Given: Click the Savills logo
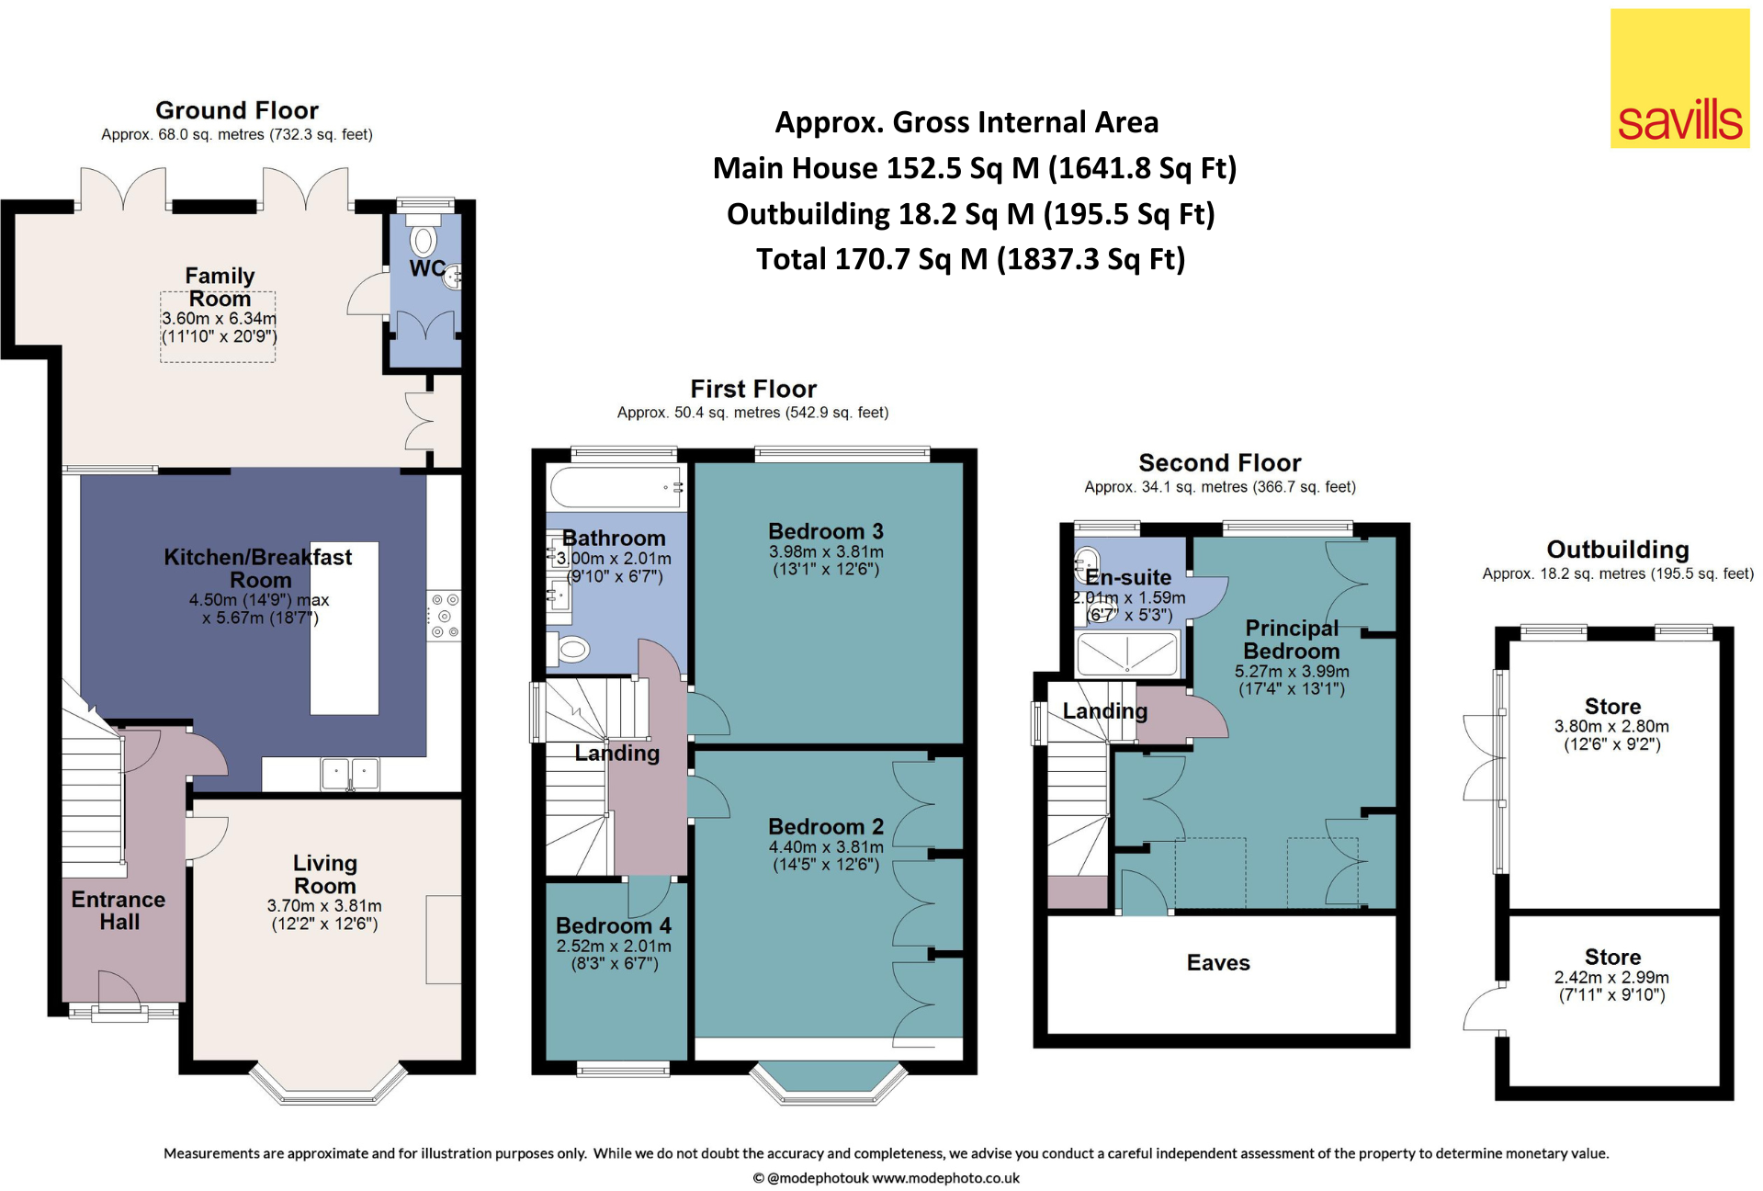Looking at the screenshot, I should [x=1679, y=79].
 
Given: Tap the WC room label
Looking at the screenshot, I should [x=426, y=268].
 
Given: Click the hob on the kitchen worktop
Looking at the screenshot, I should [x=445, y=615].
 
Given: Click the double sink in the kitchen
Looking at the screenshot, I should [x=350, y=774].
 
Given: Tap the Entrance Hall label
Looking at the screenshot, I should [x=119, y=911].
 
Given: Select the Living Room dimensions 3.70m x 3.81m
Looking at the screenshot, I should [x=324, y=906].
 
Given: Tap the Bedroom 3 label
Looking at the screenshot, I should [x=826, y=531].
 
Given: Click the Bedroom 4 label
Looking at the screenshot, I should [x=614, y=925].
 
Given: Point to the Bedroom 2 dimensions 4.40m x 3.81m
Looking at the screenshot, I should [x=826, y=847].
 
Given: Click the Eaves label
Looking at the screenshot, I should [x=1218, y=963].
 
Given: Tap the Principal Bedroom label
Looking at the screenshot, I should [x=1292, y=640].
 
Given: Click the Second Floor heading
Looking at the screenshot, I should [x=1220, y=462].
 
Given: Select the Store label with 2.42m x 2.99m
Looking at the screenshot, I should [x=1612, y=957].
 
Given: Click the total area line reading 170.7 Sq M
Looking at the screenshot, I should [x=970, y=259].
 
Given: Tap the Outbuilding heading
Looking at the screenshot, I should [x=1618, y=550].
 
